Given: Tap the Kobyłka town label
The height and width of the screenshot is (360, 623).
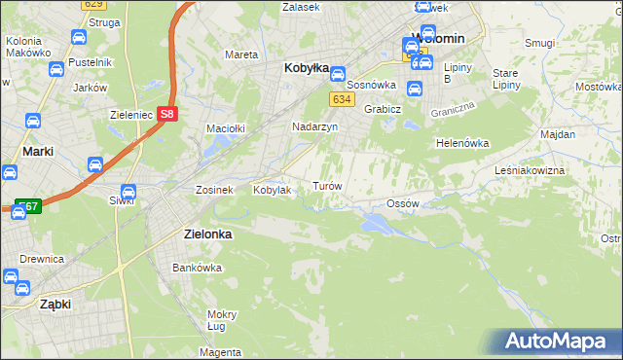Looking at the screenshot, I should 303,69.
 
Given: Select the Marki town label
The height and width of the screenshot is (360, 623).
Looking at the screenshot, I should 37,152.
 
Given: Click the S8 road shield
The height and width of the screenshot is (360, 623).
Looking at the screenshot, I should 168,114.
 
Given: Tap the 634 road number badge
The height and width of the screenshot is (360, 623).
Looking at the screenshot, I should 341,99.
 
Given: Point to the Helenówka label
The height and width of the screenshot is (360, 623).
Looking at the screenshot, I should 461,143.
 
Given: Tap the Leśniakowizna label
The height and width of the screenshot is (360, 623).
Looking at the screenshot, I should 557,170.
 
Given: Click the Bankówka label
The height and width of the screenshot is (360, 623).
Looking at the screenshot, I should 192,268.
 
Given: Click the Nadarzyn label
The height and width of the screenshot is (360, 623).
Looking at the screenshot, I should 314,126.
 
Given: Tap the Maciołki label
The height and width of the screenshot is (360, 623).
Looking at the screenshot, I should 225,128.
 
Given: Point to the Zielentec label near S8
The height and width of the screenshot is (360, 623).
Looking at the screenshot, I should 128,115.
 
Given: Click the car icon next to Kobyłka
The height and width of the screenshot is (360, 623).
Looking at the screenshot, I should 337,73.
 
